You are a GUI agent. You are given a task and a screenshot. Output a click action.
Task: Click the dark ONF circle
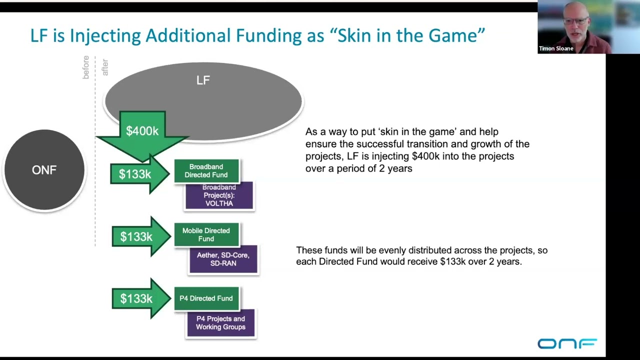tap(44, 170)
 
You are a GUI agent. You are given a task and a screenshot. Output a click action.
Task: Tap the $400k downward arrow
tap(142, 132)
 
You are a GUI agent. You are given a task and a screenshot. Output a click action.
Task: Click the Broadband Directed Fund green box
tap(206, 171)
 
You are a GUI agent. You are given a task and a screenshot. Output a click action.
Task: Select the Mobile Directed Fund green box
tap(206, 234)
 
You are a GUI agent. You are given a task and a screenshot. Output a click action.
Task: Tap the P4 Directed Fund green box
tap(206, 298)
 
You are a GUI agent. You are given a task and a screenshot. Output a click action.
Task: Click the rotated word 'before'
tap(86, 67)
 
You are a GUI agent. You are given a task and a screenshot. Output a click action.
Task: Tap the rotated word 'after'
tap(105, 67)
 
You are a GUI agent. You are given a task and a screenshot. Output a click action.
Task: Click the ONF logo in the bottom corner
tap(567, 343)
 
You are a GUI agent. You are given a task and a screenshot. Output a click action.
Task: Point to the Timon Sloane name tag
tap(556, 48)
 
